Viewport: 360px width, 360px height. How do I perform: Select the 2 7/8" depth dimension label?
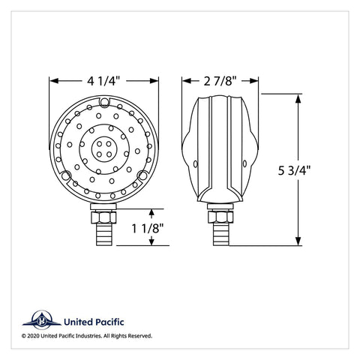pyautogui.click(x=220, y=81)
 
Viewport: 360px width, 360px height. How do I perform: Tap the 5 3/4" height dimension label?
pyautogui.click(x=294, y=170)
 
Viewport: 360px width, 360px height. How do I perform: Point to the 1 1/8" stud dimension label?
pyautogui.click(x=148, y=228)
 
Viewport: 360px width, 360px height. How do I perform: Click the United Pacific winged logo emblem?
pyautogui.click(x=41, y=320)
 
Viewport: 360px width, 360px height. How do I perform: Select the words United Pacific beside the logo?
pyautogui.click(x=94, y=322)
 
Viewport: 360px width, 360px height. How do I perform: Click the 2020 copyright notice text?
pyautogui.click(x=87, y=336)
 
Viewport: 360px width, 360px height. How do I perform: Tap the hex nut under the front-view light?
pyautogui.click(x=103, y=217)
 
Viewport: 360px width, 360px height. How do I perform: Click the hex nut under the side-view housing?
pyautogui.click(x=220, y=217)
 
